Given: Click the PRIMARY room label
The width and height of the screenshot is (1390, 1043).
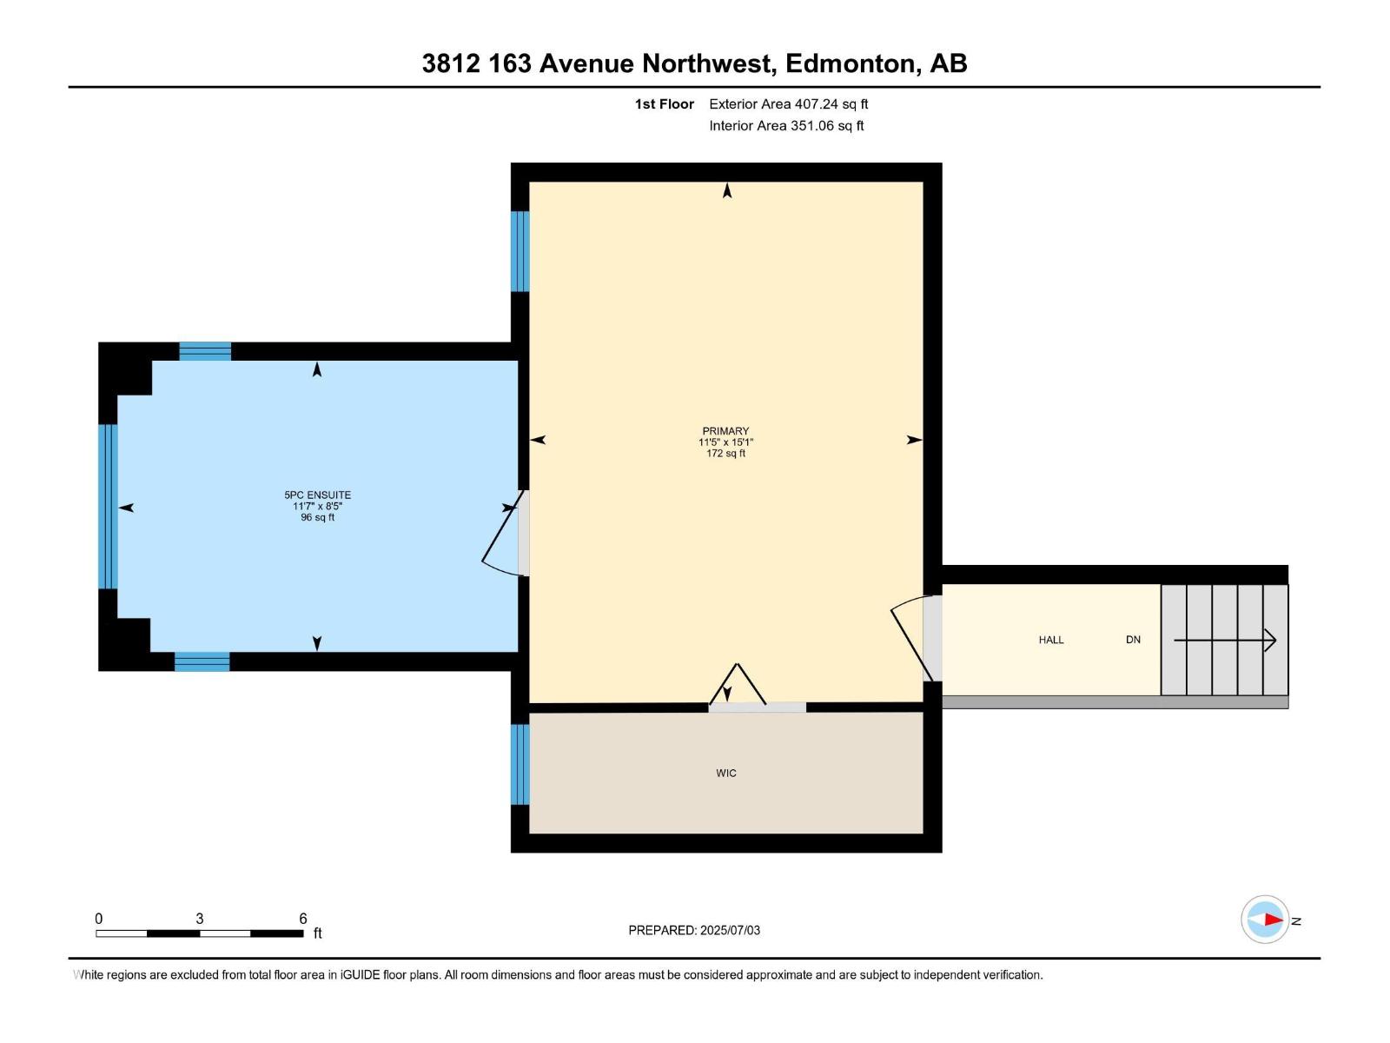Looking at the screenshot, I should pyautogui.click(x=725, y=431).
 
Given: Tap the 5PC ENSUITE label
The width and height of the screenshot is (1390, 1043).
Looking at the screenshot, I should pyautogui.click(x=317, y=495).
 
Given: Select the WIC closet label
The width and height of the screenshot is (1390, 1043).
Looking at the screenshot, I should pyautogui.click(x=726, y=773).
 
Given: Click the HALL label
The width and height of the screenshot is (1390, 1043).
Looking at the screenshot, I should pyautogui.click(x=1051, y=640).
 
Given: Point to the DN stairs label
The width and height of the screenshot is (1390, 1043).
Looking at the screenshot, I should pyautogui.click(x=1133, y=640).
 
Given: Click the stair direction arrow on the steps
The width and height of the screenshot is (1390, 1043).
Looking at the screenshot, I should pyautogui.click(x=1225, y=641).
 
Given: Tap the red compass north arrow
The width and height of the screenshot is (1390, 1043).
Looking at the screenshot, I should pyautogui.click(x=1272, y=920).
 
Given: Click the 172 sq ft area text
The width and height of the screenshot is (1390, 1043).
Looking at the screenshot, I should pyautogui.click(x=725, y=454).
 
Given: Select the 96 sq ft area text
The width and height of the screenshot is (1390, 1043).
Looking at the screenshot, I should pyautogui.click(x=317, y=518).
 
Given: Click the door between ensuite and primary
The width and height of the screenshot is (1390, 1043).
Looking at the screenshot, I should pyautogui.click(x=523, y=533).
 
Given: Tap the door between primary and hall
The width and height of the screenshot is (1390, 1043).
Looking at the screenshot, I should pyautogui.click(x=931, y=639).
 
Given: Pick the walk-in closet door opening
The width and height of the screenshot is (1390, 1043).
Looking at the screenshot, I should pyautogui.click(x=757, y=708).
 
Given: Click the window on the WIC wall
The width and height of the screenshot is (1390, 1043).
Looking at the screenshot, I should pyautogui.click(x=520, y=765).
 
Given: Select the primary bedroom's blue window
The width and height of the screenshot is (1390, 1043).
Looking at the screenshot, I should pyautogui.click(x=520, y=251).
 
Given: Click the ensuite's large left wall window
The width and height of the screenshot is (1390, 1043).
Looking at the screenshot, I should pyautogui.click(x=108, y=507).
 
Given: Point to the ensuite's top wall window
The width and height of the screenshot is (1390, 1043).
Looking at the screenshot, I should pyautogui.click(x=205, y=351).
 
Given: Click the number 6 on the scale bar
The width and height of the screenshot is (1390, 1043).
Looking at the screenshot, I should pyautogui.click(x=303, y=919).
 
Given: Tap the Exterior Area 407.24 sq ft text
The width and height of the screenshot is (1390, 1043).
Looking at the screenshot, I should pyautogui.click(x=788, y=104).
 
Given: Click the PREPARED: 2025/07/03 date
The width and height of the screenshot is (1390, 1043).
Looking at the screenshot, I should pyautogui.click(x=694, y=930).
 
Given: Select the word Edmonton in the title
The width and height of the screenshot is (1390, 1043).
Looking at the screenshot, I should pyautogui.click(x=851, y=63).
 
